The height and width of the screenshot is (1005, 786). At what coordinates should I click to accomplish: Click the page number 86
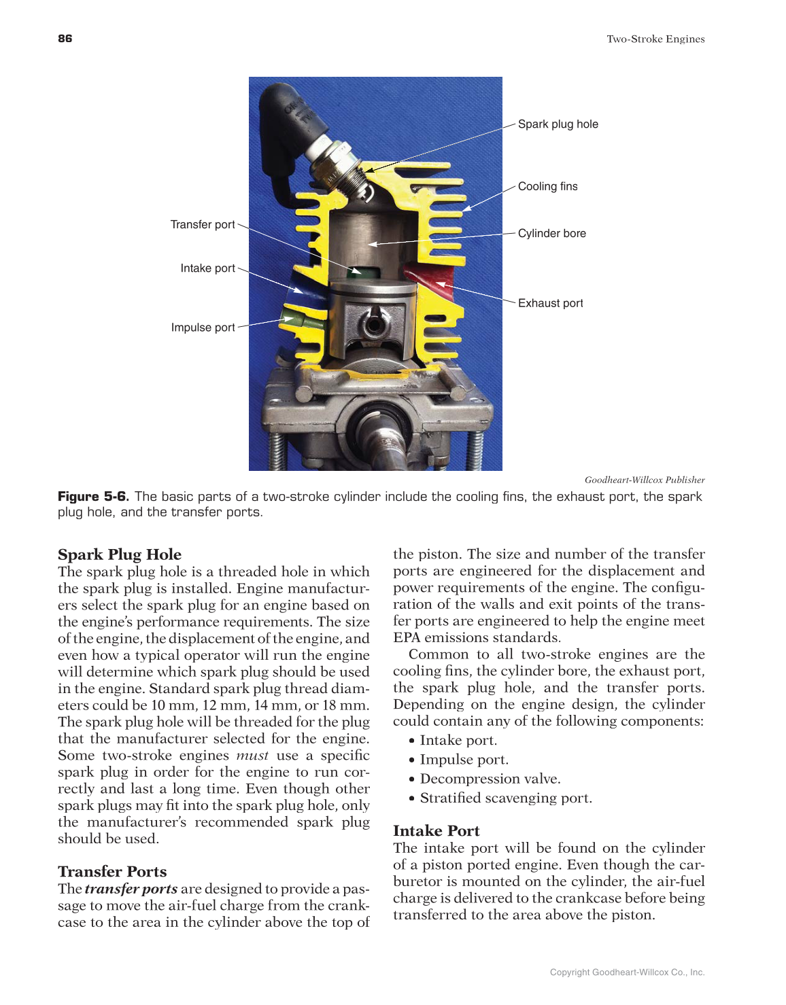click(65, 39)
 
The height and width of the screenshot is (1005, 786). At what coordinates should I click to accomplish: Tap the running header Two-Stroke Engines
click(655, 39)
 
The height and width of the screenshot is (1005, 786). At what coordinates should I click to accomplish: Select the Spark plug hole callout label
click(558, 124)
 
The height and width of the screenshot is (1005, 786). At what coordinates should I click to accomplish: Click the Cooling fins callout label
click(547, 187)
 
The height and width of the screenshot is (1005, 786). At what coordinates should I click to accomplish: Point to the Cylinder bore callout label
click(551, 234)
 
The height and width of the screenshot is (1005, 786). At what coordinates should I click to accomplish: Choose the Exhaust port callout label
click(550, 304)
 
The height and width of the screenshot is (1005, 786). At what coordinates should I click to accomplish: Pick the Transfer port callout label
click(203, 225)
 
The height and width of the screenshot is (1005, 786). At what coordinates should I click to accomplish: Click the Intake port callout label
click(207, 268)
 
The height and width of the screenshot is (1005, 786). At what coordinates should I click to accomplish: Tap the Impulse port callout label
click(203, 328)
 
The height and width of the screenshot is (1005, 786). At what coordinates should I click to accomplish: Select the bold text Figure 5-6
click(93, 497)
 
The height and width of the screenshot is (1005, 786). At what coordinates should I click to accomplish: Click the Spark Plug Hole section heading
click(120, 554)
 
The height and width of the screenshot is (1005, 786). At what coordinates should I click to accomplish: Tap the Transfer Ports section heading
click(112, 872)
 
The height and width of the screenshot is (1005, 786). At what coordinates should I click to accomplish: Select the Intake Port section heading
click(437, 831)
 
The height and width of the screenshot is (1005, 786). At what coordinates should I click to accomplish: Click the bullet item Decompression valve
click(490, 779)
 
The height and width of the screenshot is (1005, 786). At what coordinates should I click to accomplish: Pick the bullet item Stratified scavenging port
click(506, 798)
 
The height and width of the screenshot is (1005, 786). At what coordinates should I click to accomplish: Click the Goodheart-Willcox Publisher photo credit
click(645, 480)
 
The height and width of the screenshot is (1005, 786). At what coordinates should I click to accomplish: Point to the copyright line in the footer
click(627, 972)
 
